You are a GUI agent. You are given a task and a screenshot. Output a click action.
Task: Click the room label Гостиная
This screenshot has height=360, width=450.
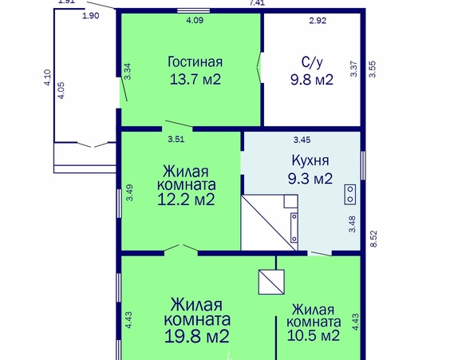(195, 61)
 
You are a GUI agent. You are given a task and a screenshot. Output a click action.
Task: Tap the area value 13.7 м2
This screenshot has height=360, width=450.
(195, 79)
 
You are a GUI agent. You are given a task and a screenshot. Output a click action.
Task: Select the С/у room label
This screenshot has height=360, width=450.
(310, 61)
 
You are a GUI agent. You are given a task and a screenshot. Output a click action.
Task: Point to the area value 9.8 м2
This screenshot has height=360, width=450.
(310, 79)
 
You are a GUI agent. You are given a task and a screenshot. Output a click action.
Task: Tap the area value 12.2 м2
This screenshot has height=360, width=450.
(187, 199)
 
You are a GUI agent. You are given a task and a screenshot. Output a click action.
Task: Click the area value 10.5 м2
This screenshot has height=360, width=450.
(315, 335)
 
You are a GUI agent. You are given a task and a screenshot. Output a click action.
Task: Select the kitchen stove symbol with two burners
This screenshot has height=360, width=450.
(349, 192)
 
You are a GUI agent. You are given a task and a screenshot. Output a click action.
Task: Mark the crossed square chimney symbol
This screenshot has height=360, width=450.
(271, 281)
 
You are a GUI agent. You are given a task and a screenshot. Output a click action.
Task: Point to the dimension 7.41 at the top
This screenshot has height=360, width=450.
(257, 3)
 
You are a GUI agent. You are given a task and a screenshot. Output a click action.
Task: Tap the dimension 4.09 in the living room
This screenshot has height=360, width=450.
(194, 21)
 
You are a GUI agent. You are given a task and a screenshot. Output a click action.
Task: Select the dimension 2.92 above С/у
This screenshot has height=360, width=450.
(318, 21)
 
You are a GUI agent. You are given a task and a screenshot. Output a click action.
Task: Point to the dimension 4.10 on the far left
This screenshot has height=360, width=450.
(47, 77)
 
